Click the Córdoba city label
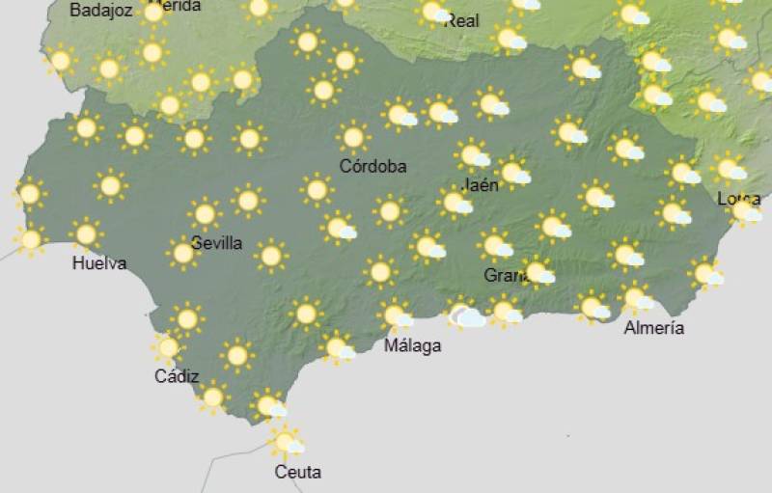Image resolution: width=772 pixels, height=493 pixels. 372,166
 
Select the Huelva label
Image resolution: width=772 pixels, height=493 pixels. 98,262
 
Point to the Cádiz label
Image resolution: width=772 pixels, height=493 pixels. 177,376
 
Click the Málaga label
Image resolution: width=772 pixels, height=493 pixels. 413,344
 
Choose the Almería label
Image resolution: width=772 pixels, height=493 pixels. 654,328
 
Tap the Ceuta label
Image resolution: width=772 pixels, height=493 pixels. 297,472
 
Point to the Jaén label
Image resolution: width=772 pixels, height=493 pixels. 481,184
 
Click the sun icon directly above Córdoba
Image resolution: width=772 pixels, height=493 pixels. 353,136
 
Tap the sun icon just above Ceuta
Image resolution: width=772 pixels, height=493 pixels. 285,441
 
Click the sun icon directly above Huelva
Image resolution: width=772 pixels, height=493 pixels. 87,233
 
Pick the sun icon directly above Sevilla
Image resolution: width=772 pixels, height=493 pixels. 205,213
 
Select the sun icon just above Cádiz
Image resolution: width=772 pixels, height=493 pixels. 169,346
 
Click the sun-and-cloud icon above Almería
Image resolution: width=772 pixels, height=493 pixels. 636,297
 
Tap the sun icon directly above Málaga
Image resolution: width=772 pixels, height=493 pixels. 395,315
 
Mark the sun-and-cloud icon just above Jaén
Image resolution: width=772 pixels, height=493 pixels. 472,154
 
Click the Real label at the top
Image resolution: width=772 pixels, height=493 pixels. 461,20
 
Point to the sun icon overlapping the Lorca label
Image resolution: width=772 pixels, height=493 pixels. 745,209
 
